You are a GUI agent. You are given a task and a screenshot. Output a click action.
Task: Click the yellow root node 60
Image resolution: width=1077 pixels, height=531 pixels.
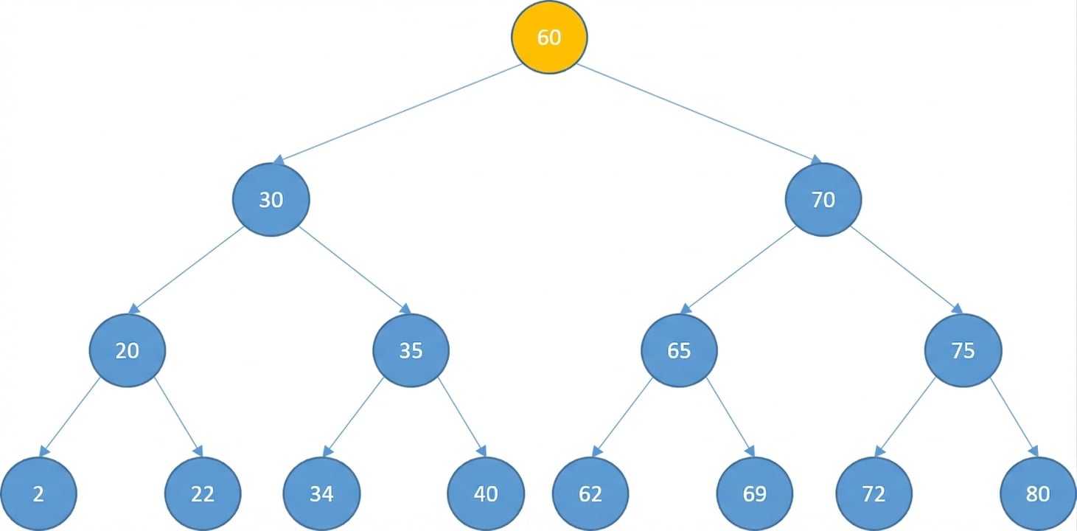[549, 37]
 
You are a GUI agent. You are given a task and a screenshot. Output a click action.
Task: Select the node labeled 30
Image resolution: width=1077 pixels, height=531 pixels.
[271, 200]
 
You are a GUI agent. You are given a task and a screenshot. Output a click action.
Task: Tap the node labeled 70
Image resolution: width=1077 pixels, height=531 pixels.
[823, 200]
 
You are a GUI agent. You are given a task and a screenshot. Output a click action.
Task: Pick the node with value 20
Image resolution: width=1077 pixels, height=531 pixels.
[128, 350]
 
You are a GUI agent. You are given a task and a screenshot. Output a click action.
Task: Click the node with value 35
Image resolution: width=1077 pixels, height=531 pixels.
[411, 350]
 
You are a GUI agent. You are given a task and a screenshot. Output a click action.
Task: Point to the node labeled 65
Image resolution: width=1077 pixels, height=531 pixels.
[679, 350]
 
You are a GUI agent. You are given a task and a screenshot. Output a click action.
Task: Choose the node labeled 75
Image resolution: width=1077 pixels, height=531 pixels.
[963, 350]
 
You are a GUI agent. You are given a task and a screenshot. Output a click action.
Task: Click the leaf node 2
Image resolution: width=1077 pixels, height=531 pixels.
[38, 493]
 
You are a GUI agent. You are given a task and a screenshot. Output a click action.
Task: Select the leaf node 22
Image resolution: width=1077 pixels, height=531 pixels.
[203, 493]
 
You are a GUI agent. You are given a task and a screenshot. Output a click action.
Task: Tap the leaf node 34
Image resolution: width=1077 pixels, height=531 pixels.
[321, 493]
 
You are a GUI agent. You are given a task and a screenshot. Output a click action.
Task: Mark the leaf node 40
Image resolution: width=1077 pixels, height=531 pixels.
[486, 493]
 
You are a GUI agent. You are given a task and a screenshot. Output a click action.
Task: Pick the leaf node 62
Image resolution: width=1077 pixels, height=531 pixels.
[590, 493]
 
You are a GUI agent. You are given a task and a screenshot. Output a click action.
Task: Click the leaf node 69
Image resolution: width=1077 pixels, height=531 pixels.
[755, 493]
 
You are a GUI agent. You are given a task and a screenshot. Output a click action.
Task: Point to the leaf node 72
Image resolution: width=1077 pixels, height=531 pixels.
[874, 493]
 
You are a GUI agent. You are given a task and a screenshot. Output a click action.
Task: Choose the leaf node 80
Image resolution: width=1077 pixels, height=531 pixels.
[1038, 493]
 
